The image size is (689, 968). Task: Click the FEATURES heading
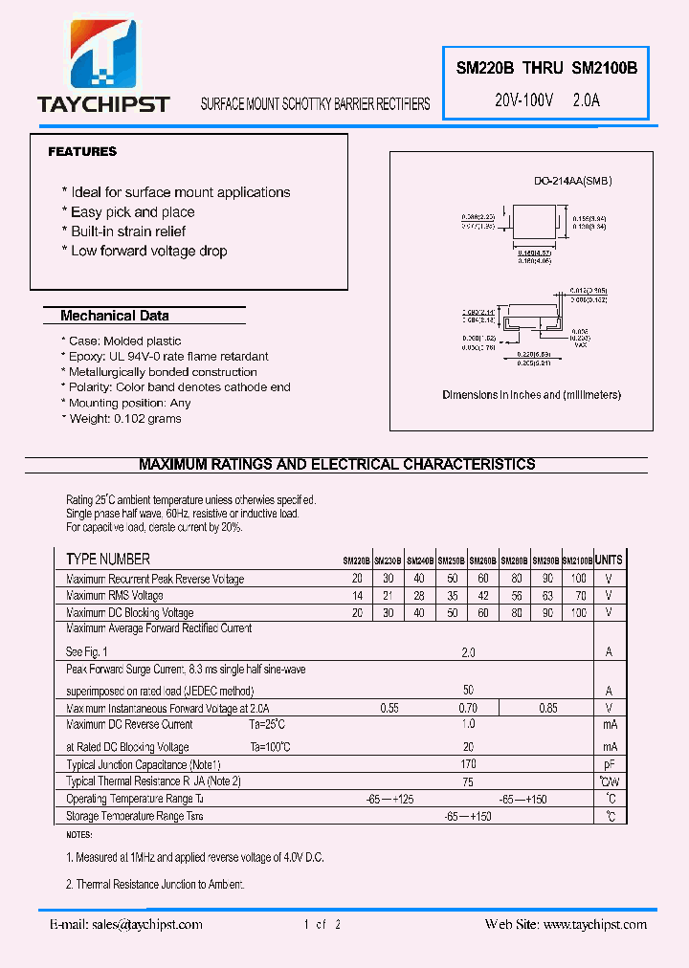tap(82, 151)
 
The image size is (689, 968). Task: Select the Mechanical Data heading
tap(114, 316)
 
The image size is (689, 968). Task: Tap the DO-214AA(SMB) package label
tap(572, 182)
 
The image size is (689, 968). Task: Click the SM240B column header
tap(420, 561)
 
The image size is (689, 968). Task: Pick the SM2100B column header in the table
tap(577, 561)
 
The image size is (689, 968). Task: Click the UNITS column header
tap(609, 560)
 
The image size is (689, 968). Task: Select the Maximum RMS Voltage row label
tap(115, 596)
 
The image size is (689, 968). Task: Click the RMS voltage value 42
tap(483, 596)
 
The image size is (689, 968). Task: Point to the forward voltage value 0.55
tap(389, 708)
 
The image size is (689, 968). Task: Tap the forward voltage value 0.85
tap(547, 708)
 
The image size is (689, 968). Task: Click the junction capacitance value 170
tap(468, 764)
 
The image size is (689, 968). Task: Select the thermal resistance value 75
tap(468, 781)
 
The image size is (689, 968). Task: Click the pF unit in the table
tap(609, 764)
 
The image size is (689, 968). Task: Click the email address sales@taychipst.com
tap(144, 924)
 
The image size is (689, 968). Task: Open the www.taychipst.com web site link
tap(594, 924)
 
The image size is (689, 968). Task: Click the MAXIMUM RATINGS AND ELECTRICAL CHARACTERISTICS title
tap(337, 464)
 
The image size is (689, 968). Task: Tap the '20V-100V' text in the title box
tap(523, 99)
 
